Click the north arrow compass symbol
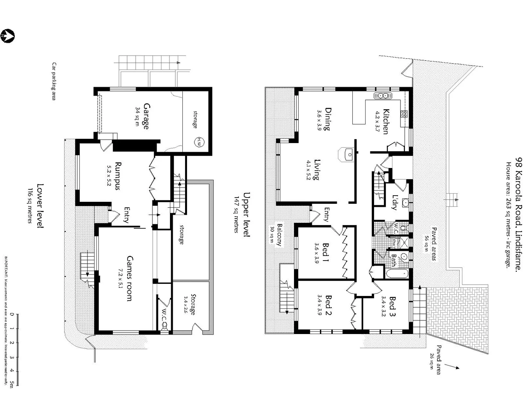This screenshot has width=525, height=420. point(8,36)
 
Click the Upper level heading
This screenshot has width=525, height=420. point(246,214)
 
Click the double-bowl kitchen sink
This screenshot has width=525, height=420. point(383,96)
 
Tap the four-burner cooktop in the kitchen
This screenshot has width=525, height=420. point(404,114)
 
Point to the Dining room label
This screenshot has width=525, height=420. point(327,119)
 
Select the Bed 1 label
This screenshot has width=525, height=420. point(325,252)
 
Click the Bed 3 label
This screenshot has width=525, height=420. point(392,306)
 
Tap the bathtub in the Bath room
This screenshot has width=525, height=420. point(397,274)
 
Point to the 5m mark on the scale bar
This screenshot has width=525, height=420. point(12,385)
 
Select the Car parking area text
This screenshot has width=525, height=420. point(54,81)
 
